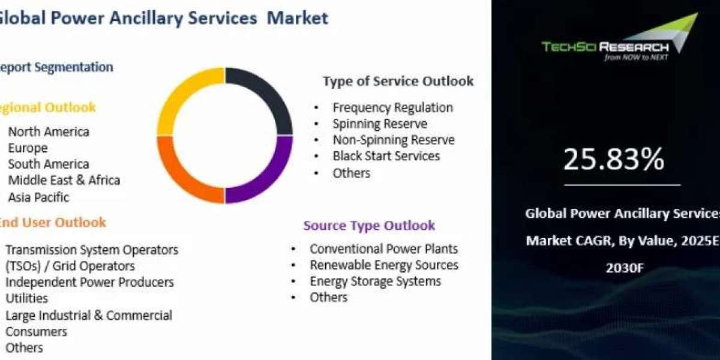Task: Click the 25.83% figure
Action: tap(614, 160)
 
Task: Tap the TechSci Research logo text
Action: tap(605, 47)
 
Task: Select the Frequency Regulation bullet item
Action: tap(393, 107)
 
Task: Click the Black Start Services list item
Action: tap(386, 156)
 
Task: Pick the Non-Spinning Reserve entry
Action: tap(394, 140)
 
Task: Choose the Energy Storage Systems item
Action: tap(376, 281)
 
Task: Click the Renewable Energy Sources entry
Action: tap(384, 265)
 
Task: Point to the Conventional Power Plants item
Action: tap(384, 249)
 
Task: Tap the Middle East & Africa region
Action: tap(64, 181)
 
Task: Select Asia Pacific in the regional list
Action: tap(38, 197)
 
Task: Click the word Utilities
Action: tap(26, 298)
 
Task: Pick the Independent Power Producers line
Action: tap(89, 282)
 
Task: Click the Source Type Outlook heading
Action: tap(369, 226)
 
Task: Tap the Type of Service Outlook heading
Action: tap(398, 82)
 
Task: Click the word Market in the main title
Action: tap(298, 18)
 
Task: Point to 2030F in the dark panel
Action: tap(625, 268)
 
